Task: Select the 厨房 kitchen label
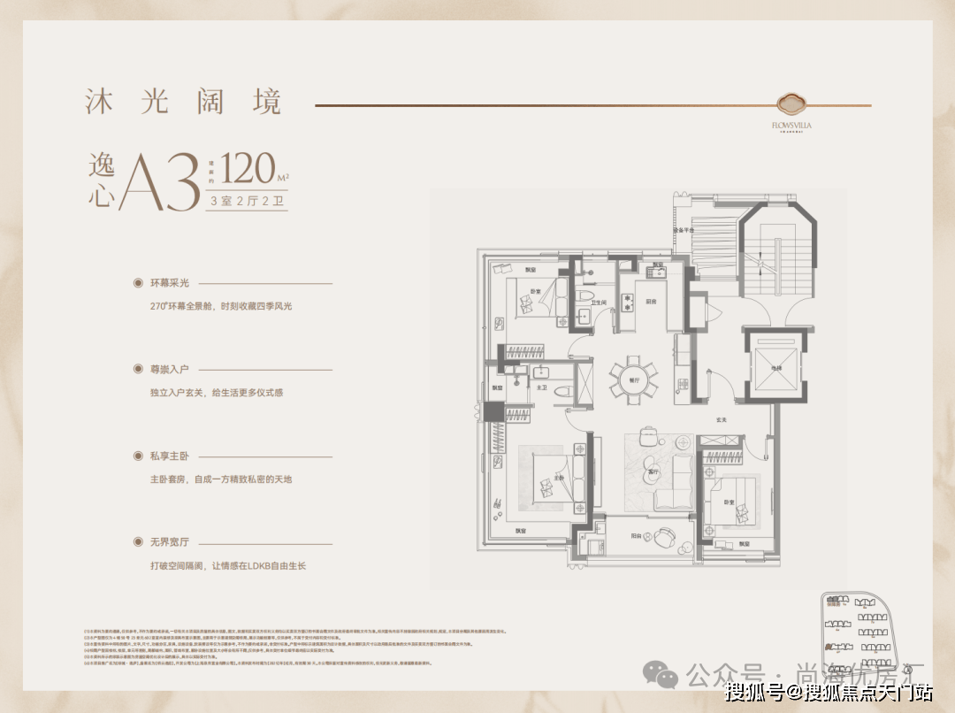(x=651, y=301)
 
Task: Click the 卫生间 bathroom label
(x=599, y=302)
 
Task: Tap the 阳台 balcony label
(x=637, y=536)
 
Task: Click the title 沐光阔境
(x=183, y=102)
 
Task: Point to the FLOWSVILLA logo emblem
(x=790, y=103)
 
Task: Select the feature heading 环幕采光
(x=169, y=283)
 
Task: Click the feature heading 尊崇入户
(x=169, y=369)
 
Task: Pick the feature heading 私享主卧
(x=169, y=456)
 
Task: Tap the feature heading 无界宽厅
(x=169, y=542)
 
